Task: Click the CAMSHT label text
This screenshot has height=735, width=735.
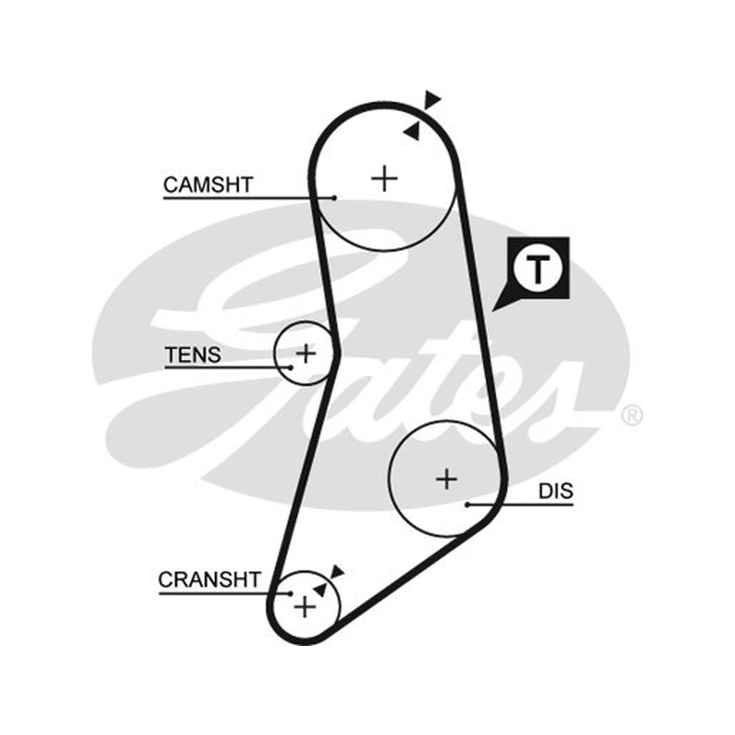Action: tap(209, 185)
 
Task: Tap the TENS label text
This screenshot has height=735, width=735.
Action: tap(193, 355)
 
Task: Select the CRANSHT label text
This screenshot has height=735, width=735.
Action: tap(209, 580)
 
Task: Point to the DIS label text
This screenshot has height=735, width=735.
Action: tap(556, 492)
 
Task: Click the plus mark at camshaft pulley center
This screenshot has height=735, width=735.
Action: tap(384, 178)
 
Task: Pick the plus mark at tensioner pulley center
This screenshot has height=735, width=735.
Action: tap(306, 353)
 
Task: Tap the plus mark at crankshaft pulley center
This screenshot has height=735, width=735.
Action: tap(305, 607)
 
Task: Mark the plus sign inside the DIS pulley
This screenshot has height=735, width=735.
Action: tap(447, 479)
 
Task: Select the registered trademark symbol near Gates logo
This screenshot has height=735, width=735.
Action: tap(632, 416)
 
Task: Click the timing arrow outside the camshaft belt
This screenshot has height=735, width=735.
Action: tap(432, 100)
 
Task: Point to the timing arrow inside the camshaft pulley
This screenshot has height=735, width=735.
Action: tap(412, 131)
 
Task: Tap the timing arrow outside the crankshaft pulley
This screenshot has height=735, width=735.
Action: tap(337, 571)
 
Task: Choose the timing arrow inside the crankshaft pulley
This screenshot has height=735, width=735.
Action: tap(320, 590)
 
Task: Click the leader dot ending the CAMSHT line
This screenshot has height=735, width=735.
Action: tap(334, 198)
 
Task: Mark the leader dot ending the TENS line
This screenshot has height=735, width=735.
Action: tap(290, 367)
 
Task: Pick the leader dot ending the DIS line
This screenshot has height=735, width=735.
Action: tap(468, 504)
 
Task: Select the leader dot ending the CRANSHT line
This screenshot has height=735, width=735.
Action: tap(290, 594)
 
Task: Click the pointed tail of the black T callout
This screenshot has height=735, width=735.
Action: tap(492, 311)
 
